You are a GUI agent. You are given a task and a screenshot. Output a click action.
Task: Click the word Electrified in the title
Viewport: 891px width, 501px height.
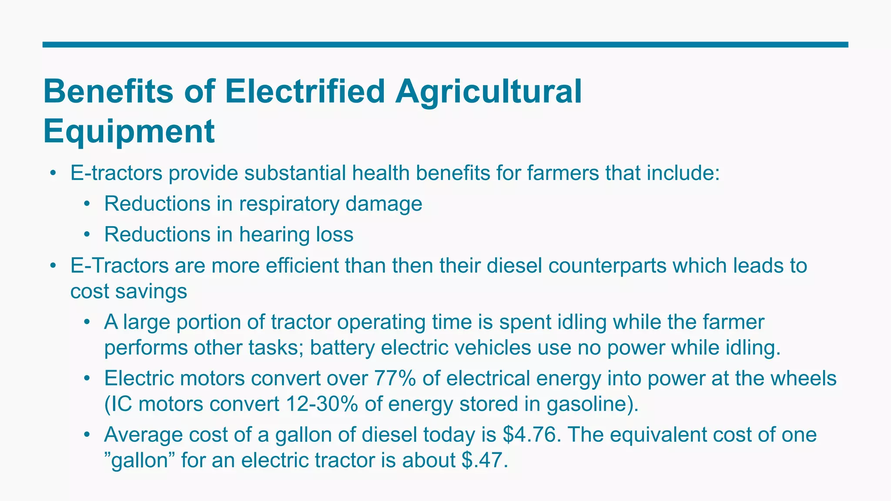(305, 91)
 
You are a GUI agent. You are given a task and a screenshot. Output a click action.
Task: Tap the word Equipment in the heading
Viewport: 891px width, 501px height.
(129, 131)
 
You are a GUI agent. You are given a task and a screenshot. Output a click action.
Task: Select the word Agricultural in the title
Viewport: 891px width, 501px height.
(488, 91)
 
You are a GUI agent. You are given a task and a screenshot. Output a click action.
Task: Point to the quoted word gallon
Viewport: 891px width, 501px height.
(140, 460)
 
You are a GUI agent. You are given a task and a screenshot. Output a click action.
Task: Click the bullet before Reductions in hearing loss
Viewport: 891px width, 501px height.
(87, 235)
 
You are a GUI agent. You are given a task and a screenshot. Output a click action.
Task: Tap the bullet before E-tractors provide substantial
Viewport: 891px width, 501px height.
(53, 173)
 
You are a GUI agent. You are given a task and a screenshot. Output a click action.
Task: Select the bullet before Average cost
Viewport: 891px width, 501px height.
(87, 435)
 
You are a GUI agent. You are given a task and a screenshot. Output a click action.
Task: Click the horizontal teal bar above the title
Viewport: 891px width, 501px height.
(445, 44)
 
